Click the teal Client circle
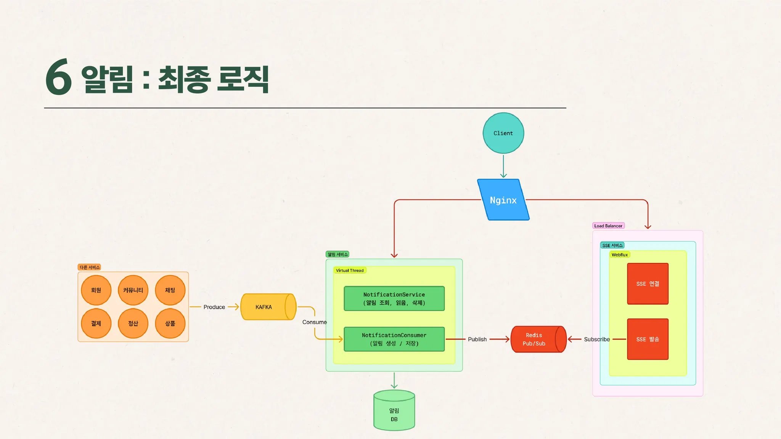(503, 133)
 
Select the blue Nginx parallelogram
(503, 200)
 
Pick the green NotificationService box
(394, 298)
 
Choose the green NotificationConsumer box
(394, 339)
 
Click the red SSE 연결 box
(648, 284)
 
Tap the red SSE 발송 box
(648, 339)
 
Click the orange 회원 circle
(96, 290)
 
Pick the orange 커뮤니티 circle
(133, 290)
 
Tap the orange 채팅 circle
(170, 290)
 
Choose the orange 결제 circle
(96, 324)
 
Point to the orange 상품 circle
(170, 324)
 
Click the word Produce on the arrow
(214, 307)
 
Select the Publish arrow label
(477, 339)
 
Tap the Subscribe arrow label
(596, 339)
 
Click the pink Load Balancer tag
(608, 226)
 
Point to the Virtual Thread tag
(350, 270)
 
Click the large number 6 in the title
(59, 77)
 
